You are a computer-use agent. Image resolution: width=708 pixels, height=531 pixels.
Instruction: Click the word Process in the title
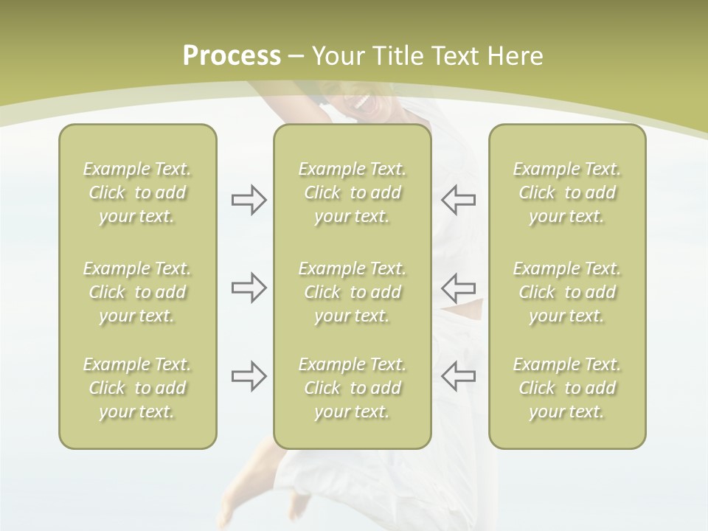(232, 56)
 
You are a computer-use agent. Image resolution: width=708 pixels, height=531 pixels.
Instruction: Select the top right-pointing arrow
(249, 200)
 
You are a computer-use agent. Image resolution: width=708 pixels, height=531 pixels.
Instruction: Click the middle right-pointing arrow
(249, 288)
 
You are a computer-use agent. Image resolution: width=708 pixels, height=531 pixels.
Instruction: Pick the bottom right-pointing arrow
(249, 376)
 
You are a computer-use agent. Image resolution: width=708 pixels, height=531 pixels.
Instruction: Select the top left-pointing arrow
(459, 200)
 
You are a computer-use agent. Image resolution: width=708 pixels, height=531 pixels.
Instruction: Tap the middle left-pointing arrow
(459, 288)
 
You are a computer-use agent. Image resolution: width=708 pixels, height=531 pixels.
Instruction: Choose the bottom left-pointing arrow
(459, 376)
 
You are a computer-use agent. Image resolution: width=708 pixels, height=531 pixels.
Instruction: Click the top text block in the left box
(137, 192)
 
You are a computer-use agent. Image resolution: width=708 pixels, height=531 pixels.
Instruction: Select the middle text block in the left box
(137, 292)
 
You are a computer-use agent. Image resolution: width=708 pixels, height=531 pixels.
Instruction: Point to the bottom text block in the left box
(137, 388)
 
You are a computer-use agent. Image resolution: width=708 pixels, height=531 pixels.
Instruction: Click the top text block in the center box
(353, 192)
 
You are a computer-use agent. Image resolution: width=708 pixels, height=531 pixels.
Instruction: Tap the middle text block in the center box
(353, 292)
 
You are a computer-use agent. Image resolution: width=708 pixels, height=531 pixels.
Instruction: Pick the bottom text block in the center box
(353, 388)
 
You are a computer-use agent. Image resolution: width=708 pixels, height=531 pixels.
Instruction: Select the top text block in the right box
(567, 192)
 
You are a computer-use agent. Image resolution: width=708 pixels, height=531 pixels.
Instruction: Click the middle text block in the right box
(567, 292)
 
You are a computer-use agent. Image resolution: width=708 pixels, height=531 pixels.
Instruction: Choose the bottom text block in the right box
(567, 388)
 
